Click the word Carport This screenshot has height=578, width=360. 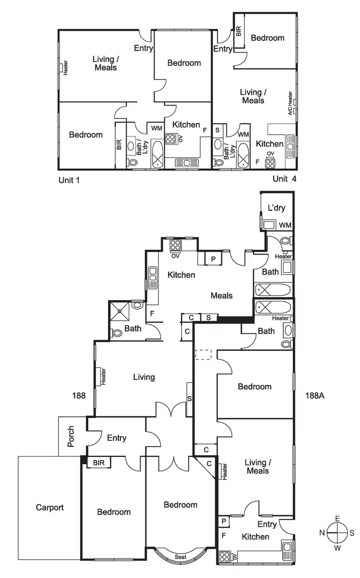(49, 507)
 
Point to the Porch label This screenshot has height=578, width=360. (72, 436)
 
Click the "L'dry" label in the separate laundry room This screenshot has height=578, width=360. (276, 208)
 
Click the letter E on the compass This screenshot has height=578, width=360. (337, 518)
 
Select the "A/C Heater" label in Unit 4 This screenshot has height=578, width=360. (290, 103)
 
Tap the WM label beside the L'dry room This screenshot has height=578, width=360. (285, 225)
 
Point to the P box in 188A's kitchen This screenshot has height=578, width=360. (223, 520)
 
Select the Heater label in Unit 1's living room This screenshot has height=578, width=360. (65, 68)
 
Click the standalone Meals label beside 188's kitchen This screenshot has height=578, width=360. (222, 296)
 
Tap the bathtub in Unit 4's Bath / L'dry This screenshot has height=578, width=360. (242, 155)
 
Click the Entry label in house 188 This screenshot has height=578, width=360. (117, 438)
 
